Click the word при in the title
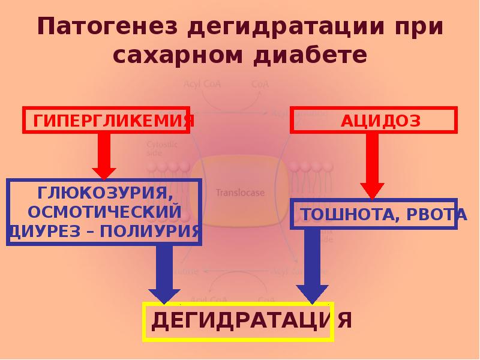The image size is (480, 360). pos(423,28)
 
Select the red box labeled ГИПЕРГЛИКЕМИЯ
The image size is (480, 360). pos(109,120)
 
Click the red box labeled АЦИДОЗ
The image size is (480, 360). pos(374,120)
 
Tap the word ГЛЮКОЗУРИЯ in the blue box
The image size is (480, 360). pos(102,193)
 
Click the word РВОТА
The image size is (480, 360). pos(435,215)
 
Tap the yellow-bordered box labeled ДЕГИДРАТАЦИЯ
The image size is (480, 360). pos(238,322)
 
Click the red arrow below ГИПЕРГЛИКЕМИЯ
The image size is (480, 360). pos(104,155)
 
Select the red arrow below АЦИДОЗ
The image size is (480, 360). pos(373,165)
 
